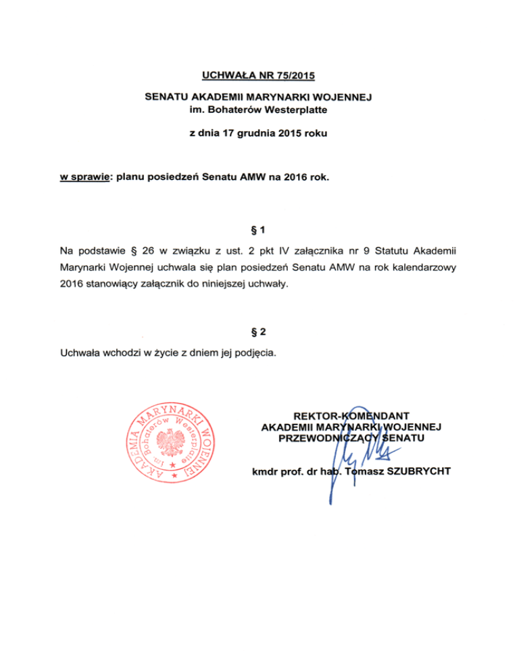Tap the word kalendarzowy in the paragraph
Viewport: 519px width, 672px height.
pyautogui.click(x=425, y=268)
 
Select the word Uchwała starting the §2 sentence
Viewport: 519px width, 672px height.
pyautogui.click(x=80, y=352)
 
